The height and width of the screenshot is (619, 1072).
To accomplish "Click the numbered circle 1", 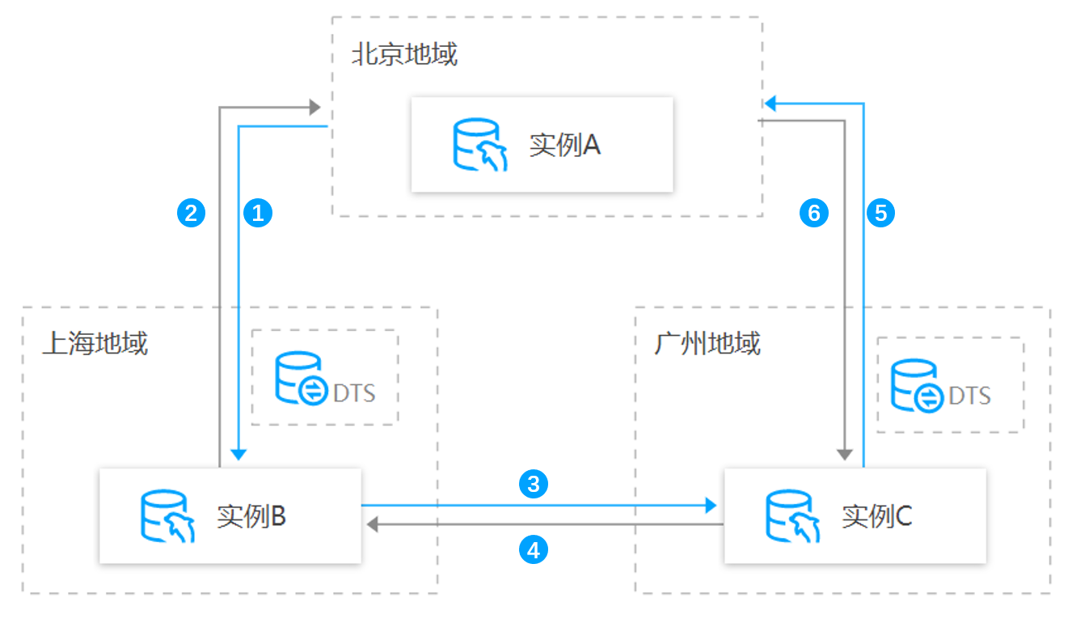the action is point(258,213).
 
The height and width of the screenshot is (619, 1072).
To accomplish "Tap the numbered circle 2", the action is point(191,213).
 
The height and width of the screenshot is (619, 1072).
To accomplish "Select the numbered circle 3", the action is point(534,484).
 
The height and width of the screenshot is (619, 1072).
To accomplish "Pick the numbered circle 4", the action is point(534,550).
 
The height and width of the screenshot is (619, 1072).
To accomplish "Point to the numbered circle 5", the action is point(880,213).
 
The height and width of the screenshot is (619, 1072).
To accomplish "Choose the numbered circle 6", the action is point(814,213).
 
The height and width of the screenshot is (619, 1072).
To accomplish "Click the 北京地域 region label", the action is point(405,53).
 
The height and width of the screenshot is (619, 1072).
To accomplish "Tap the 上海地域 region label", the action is point(95,343).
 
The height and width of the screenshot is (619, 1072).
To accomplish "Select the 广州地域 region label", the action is point(707,343).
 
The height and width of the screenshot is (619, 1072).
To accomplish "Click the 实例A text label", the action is point(565,145).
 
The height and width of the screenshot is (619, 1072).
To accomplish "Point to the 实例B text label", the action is point(251,516).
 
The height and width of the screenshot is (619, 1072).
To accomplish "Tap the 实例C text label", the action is point(876,516).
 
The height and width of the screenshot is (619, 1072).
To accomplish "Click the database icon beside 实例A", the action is point(480,144).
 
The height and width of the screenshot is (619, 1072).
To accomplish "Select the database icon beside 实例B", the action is point(167,515).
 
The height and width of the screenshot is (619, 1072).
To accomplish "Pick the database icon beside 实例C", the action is point(792,515).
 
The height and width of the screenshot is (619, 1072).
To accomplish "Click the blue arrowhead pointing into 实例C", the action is point(711,505).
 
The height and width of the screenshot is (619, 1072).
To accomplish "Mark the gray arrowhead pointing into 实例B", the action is point(373,524).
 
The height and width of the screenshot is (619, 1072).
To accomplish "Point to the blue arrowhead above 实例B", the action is point(238,455).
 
